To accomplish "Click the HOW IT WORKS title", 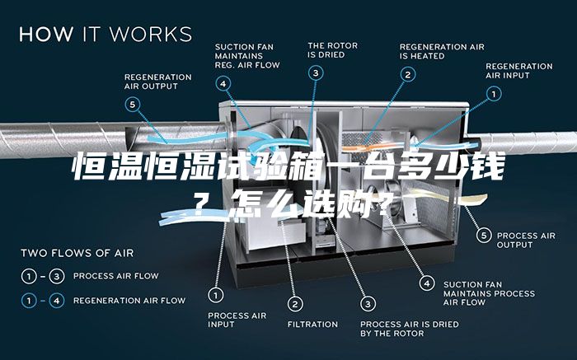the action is point(106,34).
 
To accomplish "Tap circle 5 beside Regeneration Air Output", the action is point(133,105).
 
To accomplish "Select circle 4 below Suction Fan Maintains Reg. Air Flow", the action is point(223,84).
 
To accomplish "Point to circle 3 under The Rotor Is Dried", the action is point(316,73).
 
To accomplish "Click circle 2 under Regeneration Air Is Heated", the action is point(408,75).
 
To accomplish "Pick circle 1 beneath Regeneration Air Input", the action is point(494,94).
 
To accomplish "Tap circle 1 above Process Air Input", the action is point(216,295).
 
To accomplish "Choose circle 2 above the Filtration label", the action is point(295,304).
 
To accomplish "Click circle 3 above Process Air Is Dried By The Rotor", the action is point(368,304).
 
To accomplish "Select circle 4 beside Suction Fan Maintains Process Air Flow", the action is point(427,283).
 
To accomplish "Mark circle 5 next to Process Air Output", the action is point(484,235).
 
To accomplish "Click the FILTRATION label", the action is point(312,325).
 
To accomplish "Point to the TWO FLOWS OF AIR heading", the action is point(77,253).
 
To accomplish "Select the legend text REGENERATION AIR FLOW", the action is point(129,301).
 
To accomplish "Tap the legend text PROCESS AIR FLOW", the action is point(116,276).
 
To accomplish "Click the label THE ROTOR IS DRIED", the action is point(333,50).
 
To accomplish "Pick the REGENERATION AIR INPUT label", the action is point(519,71).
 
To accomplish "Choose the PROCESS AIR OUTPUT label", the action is point(526,240).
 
